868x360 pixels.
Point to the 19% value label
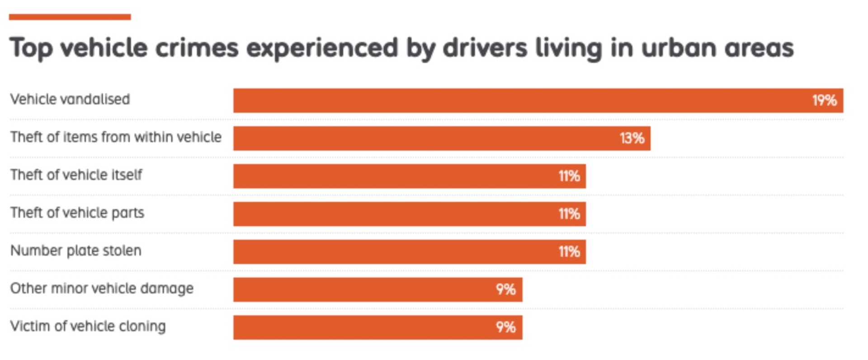824,100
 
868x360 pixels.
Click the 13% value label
632,138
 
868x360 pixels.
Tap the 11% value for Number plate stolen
569,252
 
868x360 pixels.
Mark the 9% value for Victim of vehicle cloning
505,327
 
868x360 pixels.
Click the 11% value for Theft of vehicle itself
569,176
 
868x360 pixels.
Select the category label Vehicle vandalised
70,99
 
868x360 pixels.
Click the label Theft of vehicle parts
77,213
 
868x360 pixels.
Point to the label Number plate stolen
75,251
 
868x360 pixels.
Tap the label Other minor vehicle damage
102,289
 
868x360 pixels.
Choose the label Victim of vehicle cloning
88,326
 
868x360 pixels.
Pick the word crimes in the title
197,48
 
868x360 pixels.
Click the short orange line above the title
70,17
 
